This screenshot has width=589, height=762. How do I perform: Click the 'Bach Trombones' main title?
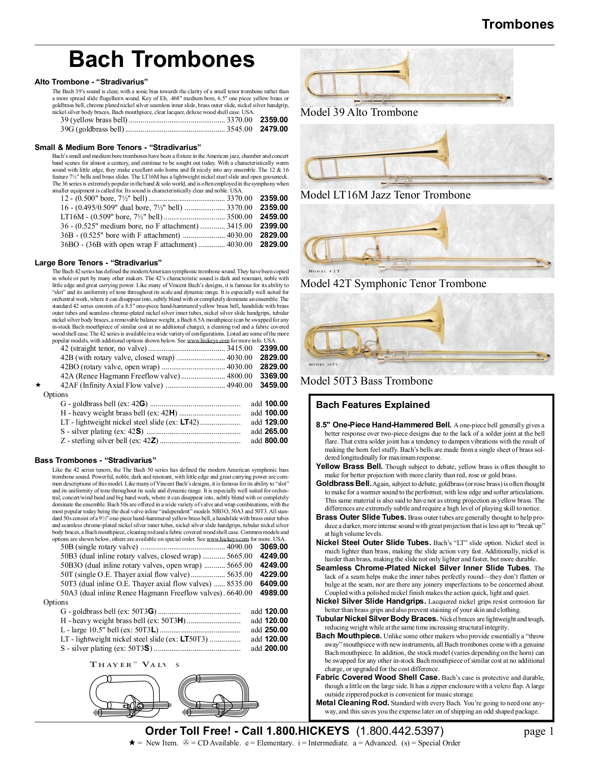162,60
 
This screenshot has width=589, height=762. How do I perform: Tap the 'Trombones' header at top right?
517,24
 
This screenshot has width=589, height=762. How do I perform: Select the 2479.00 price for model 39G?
273,129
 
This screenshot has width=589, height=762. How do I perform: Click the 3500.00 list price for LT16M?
239,217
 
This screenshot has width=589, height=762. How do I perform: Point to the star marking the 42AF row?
38,385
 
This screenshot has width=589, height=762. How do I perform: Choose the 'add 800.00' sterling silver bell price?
269,441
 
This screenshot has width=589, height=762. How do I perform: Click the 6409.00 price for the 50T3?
273,584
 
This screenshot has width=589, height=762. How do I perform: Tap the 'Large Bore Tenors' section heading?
98,263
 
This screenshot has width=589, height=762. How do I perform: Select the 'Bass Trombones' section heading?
95,460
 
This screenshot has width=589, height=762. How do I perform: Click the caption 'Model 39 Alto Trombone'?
359,113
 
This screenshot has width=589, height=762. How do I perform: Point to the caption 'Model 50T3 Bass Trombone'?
366,381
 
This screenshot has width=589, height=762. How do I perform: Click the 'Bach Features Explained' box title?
373,405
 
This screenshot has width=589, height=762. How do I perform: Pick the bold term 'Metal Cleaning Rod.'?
352,703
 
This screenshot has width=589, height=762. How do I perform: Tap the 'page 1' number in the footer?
538,732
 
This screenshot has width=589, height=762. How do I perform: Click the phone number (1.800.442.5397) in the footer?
400,731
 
